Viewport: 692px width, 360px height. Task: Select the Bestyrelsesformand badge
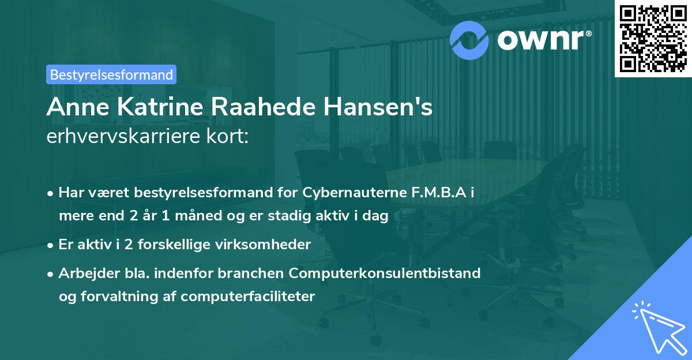tap(111, 74)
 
